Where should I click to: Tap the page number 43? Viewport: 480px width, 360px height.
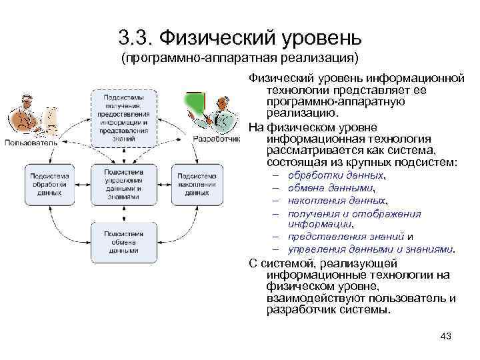click(x=446, y=336)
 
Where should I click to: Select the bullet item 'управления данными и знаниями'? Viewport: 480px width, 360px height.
click(x=370, y=249)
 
